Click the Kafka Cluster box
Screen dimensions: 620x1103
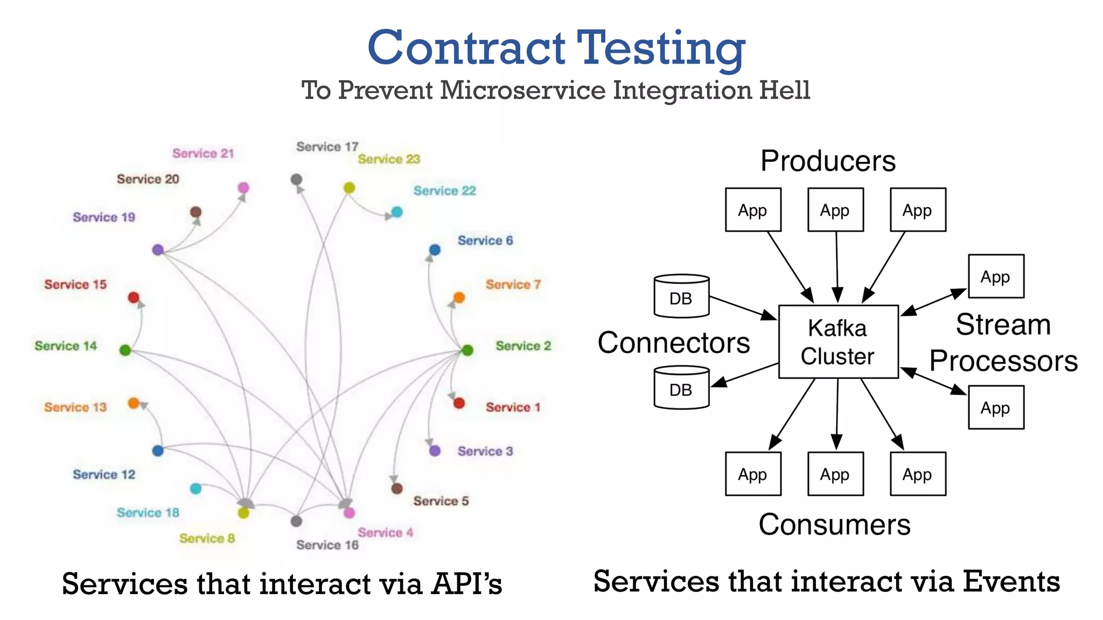(838, 342)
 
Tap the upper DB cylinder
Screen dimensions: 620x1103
(681, 297)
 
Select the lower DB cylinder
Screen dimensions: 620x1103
(681, 388)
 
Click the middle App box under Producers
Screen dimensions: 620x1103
(835, 210)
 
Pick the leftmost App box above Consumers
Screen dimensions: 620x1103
(753, 474)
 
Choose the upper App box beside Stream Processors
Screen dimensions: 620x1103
(996, 277)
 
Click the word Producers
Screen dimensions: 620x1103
(828, 161)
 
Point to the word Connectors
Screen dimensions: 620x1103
(673, 343)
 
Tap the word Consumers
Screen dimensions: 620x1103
(834, 524)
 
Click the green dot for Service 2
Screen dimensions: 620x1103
(467, 350)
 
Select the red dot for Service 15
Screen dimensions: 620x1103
(134, 298)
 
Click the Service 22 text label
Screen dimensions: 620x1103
(444, 191)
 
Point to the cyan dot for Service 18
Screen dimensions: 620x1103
(196, 488)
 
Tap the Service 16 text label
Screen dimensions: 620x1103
(327, 545)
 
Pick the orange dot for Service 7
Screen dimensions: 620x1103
(459, 297)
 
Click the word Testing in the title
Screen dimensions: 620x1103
(661, 48)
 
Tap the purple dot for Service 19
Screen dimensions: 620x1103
(158, 250)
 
